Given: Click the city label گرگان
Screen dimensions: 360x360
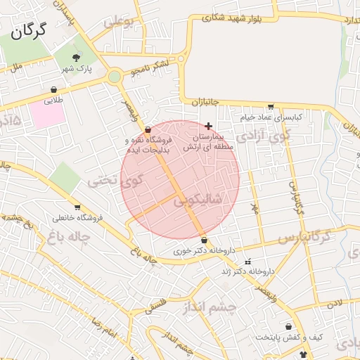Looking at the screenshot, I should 29,30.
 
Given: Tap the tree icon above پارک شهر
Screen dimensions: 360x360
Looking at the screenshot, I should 77,56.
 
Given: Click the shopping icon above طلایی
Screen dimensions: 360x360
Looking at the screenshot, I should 54,90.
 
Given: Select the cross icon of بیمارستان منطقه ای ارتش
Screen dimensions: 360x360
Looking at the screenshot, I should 208,125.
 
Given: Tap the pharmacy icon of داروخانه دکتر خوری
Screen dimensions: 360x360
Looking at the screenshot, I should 204,240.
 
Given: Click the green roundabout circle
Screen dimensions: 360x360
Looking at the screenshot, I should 115,76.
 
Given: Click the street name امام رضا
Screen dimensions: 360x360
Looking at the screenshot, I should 103,327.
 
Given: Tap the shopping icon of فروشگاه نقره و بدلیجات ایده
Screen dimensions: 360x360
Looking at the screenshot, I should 147,130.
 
